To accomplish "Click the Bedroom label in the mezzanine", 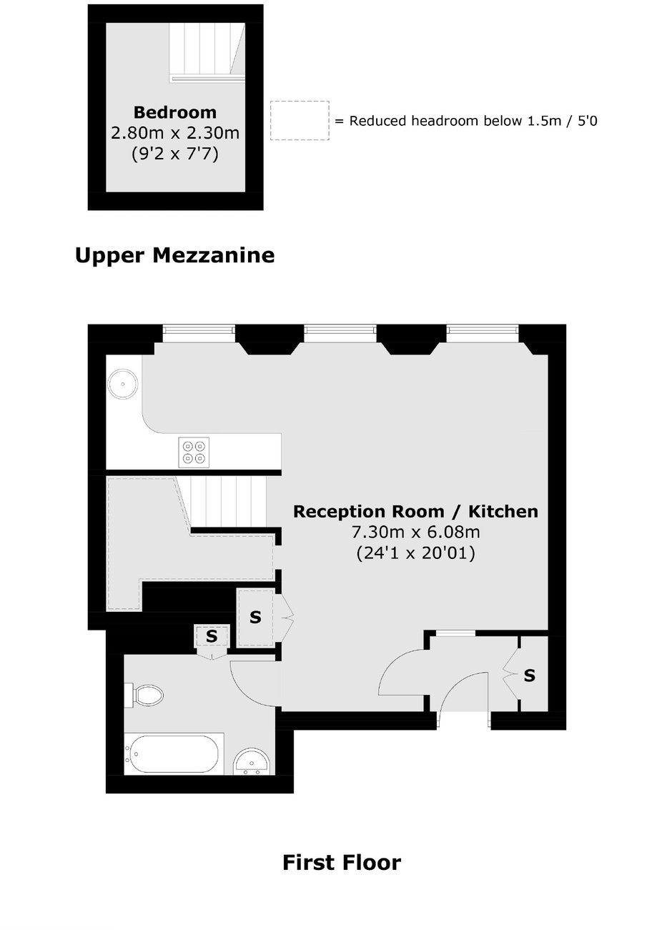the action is pyautogui.click(x=175, y=112).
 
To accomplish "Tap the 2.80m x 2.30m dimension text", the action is pyautogui.click(x=175, y=133).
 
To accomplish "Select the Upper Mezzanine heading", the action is pyautogui.click(x=175, y=255).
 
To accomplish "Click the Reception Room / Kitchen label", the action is pyautogui.click(x=416, y=512).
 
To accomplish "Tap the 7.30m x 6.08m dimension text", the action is pyautogui.click(x=416, y=532).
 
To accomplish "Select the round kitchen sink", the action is pyautogui.click(x=122, y=384).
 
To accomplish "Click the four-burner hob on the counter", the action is pyautogui.click(x=194, y=452).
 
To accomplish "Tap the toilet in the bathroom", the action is pyautogui.click(x=144, y=695).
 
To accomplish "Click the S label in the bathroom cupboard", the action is pyautogui.click(x=212, y=635).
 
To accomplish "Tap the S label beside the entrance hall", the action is pyautogui.click(x=530, y=676).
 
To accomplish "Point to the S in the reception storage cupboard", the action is pyautogui.click(x=255, y=618).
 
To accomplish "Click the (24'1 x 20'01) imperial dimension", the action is pyautogui.click(x=416, y=553).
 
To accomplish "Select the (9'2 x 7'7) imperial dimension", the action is pyautogui.click(x=175, y=154).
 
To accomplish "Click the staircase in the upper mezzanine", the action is pyautogui.click(x=207, y=51).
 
